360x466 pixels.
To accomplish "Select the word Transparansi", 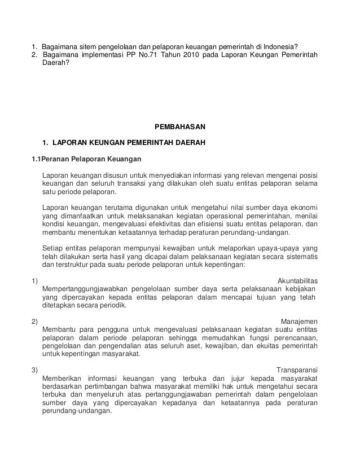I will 297,370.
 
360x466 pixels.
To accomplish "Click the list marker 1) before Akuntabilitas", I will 34,281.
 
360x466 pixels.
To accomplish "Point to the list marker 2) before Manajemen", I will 34,322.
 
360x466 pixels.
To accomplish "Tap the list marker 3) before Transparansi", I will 34,370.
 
